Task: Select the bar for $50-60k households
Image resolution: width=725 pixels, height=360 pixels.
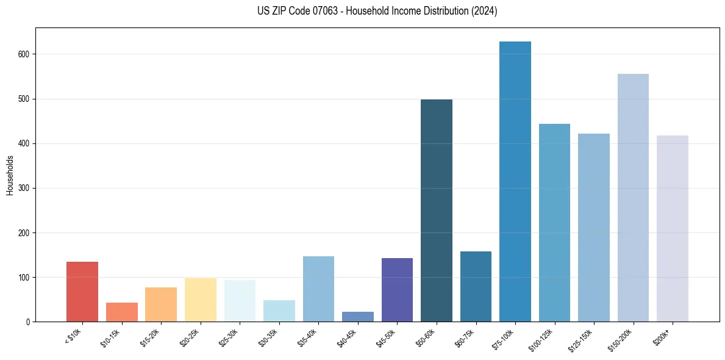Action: pyautogui.click(x=437, y=211)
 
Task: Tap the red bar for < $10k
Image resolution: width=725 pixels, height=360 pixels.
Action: pyautogui.click(x=82, y=292)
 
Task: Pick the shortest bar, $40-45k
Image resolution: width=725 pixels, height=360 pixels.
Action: pyautogui.click(x=358, y=317)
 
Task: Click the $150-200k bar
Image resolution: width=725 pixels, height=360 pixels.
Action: pyautogui.click(x=633, y=198)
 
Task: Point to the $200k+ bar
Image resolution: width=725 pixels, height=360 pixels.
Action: pyautogui.click(x=673, y=229)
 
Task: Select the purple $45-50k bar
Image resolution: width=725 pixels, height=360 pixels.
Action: pyautogui.click(x=397, y=290)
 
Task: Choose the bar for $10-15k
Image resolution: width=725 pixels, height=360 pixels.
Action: pyautogui.click(x=122, y=312)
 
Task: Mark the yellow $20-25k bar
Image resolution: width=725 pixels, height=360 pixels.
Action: pyautogui.click(x=201, y=300)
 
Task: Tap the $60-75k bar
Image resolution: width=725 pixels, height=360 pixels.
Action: pyautogui.click(x=476, y=287)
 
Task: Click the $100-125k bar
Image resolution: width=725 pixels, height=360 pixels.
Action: pyautogui.click(x=554, y=223)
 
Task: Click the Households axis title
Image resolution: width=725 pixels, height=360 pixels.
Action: pyautogui.click(x=10, y=175)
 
